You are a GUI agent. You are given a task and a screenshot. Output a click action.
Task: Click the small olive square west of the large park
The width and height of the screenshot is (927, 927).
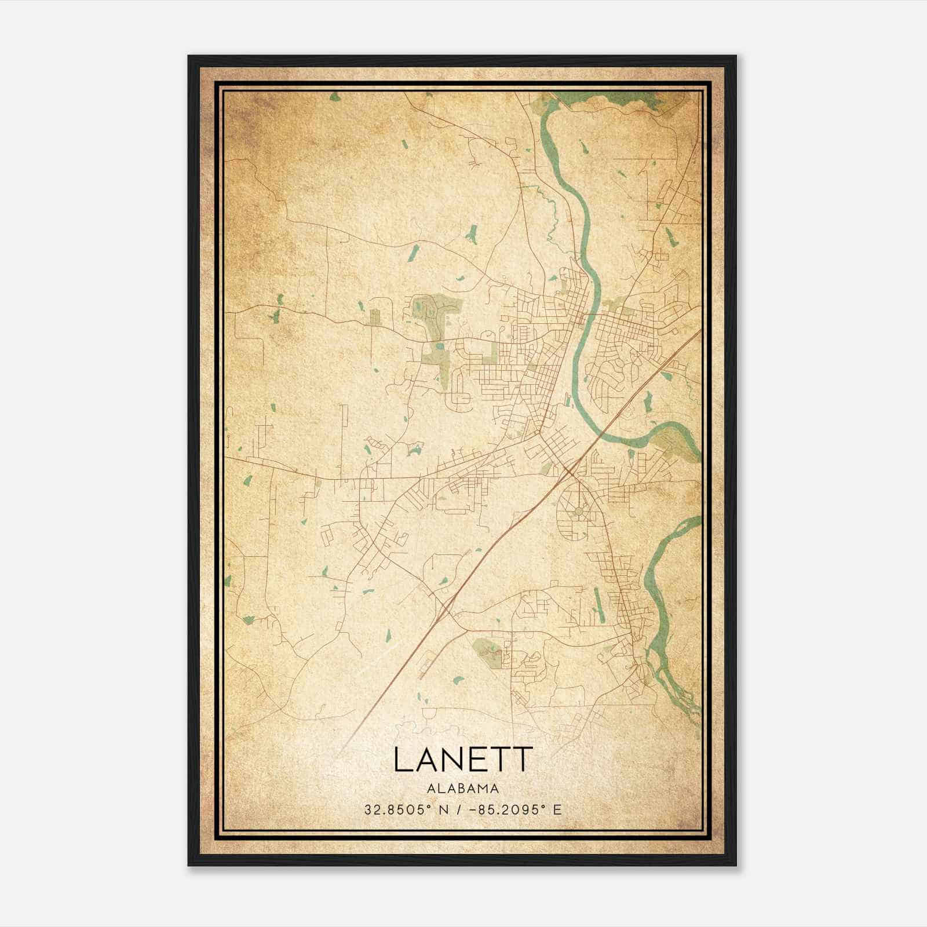click(x=375, y=316)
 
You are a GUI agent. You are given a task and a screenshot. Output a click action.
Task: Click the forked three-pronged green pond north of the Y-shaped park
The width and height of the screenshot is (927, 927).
click(x=472, y=233)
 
